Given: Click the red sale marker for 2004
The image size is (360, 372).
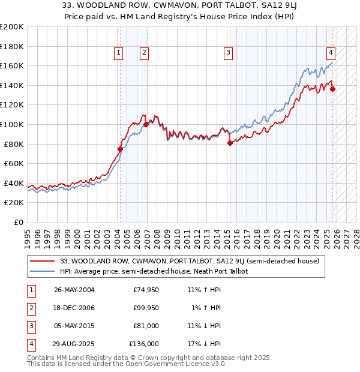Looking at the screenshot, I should [120, 149].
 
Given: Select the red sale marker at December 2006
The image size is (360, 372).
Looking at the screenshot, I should [146, 124].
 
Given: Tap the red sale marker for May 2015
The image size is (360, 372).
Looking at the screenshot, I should [229, 143].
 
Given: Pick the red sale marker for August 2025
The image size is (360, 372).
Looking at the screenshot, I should [333, 89].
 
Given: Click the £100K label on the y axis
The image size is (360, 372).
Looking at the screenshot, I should [12, 124].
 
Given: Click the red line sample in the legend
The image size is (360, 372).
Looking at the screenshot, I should [42, 261].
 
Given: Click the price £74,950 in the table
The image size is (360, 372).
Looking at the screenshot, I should [146, 290].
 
